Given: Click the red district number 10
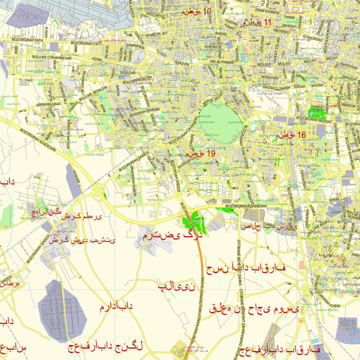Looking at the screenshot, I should [x=207, y=11].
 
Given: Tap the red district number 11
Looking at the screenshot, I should [x=268, y=22].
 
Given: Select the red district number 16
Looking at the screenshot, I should [x=301, y=135].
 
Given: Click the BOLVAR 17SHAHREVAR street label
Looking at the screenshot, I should [x=56, y=58].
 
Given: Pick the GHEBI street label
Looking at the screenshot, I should [x=333, y=198].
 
